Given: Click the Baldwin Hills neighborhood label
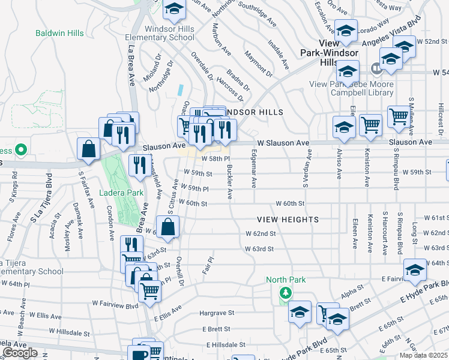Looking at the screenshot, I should [x=59, y=33].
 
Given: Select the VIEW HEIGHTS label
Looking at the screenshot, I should [x=288, y=220].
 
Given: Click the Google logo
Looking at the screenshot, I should [x=20, y=353].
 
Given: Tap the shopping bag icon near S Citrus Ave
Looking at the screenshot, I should [x=169, y=227].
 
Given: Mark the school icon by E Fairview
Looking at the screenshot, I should [x=414, y=271].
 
